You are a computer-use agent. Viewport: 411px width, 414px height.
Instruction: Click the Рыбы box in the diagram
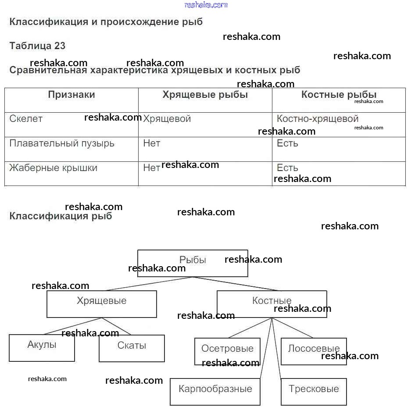point(193,263)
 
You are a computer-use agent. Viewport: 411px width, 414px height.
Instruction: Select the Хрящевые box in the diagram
point(101,304)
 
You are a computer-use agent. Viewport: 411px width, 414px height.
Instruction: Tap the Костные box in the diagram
point(272,304)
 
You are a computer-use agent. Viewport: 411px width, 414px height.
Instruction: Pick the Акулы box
point(42,348)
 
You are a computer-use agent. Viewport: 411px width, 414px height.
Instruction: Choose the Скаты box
point(132,348)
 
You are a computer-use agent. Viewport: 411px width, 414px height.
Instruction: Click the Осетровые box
point(227,351)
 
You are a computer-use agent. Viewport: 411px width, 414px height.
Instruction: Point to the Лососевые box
point(314,351)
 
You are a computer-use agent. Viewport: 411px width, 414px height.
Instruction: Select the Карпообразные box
point(215,392)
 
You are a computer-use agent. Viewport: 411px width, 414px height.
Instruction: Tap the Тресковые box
point(314,392)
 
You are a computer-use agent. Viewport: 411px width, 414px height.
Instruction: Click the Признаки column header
point(71,95)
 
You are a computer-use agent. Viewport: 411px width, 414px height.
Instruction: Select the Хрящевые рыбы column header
point(205,95)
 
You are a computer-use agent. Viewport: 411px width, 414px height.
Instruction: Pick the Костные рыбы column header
point(339,95)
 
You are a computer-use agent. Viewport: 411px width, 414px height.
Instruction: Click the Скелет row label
point(26,119)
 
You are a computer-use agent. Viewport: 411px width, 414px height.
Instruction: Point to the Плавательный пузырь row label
point(62,143)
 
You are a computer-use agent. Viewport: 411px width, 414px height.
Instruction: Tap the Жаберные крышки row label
point(54,168)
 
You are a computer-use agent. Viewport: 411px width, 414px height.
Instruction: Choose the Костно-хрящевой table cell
point(318,119)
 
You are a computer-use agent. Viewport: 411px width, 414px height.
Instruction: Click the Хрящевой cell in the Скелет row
point(167,119)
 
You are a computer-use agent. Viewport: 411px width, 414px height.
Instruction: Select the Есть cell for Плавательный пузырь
point(287,143)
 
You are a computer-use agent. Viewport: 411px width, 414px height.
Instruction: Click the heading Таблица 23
point(37,46)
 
